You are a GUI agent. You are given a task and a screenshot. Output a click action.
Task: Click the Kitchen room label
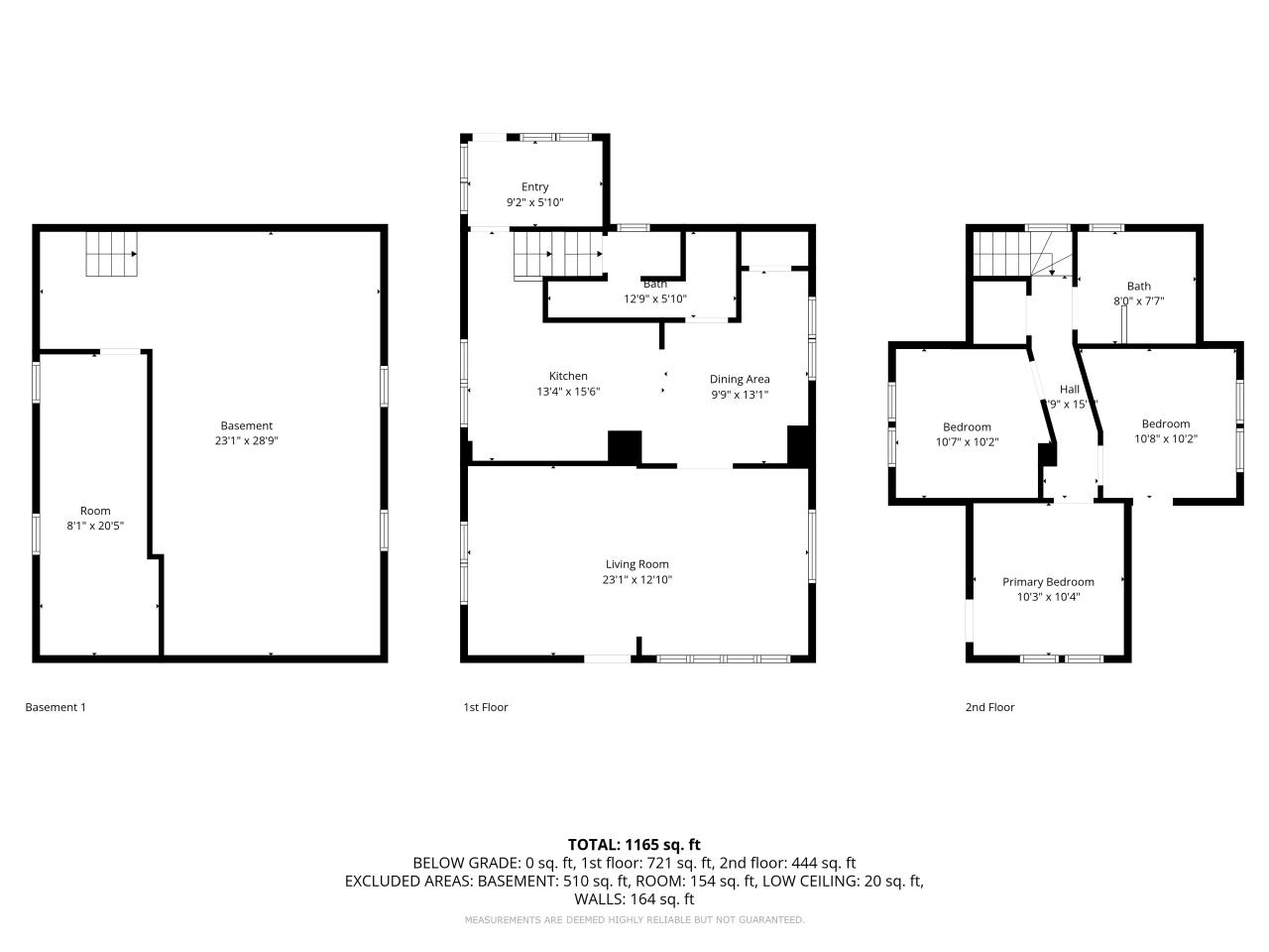tap(568, 376)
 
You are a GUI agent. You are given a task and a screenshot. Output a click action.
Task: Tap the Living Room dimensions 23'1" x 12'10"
tap(636, 580)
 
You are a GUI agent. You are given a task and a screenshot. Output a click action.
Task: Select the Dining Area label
tap(740, 379)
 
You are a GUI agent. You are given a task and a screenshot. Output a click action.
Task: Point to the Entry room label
tap(534, 186)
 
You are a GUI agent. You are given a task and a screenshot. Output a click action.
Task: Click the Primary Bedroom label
tap(1048, 582)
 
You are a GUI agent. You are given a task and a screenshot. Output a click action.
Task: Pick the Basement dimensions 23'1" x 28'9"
tap(246, 441)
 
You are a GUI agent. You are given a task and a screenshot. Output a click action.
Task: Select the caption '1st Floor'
tap(486, 707)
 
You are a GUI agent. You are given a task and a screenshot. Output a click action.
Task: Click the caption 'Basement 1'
tap(56, 707)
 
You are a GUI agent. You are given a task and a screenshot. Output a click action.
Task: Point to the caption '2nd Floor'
tap(989, 707)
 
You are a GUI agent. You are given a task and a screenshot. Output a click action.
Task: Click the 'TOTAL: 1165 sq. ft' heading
tap(634, 845)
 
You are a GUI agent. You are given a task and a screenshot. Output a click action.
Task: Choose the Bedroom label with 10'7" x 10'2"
tap(967, 427)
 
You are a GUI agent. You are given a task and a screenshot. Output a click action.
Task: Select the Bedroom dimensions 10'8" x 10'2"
tap(1166, 438)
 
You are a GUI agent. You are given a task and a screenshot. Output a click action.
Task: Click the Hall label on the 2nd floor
tap(1069, 390)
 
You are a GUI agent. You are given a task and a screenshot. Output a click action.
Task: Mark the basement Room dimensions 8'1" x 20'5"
tap(95, 526)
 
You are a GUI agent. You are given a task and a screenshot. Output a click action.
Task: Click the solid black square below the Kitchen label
tap(625, 447)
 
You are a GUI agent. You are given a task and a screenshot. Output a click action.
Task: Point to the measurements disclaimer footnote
tap(634, 920)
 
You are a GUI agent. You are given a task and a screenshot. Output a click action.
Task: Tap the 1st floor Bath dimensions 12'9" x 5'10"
tap(654, 298)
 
